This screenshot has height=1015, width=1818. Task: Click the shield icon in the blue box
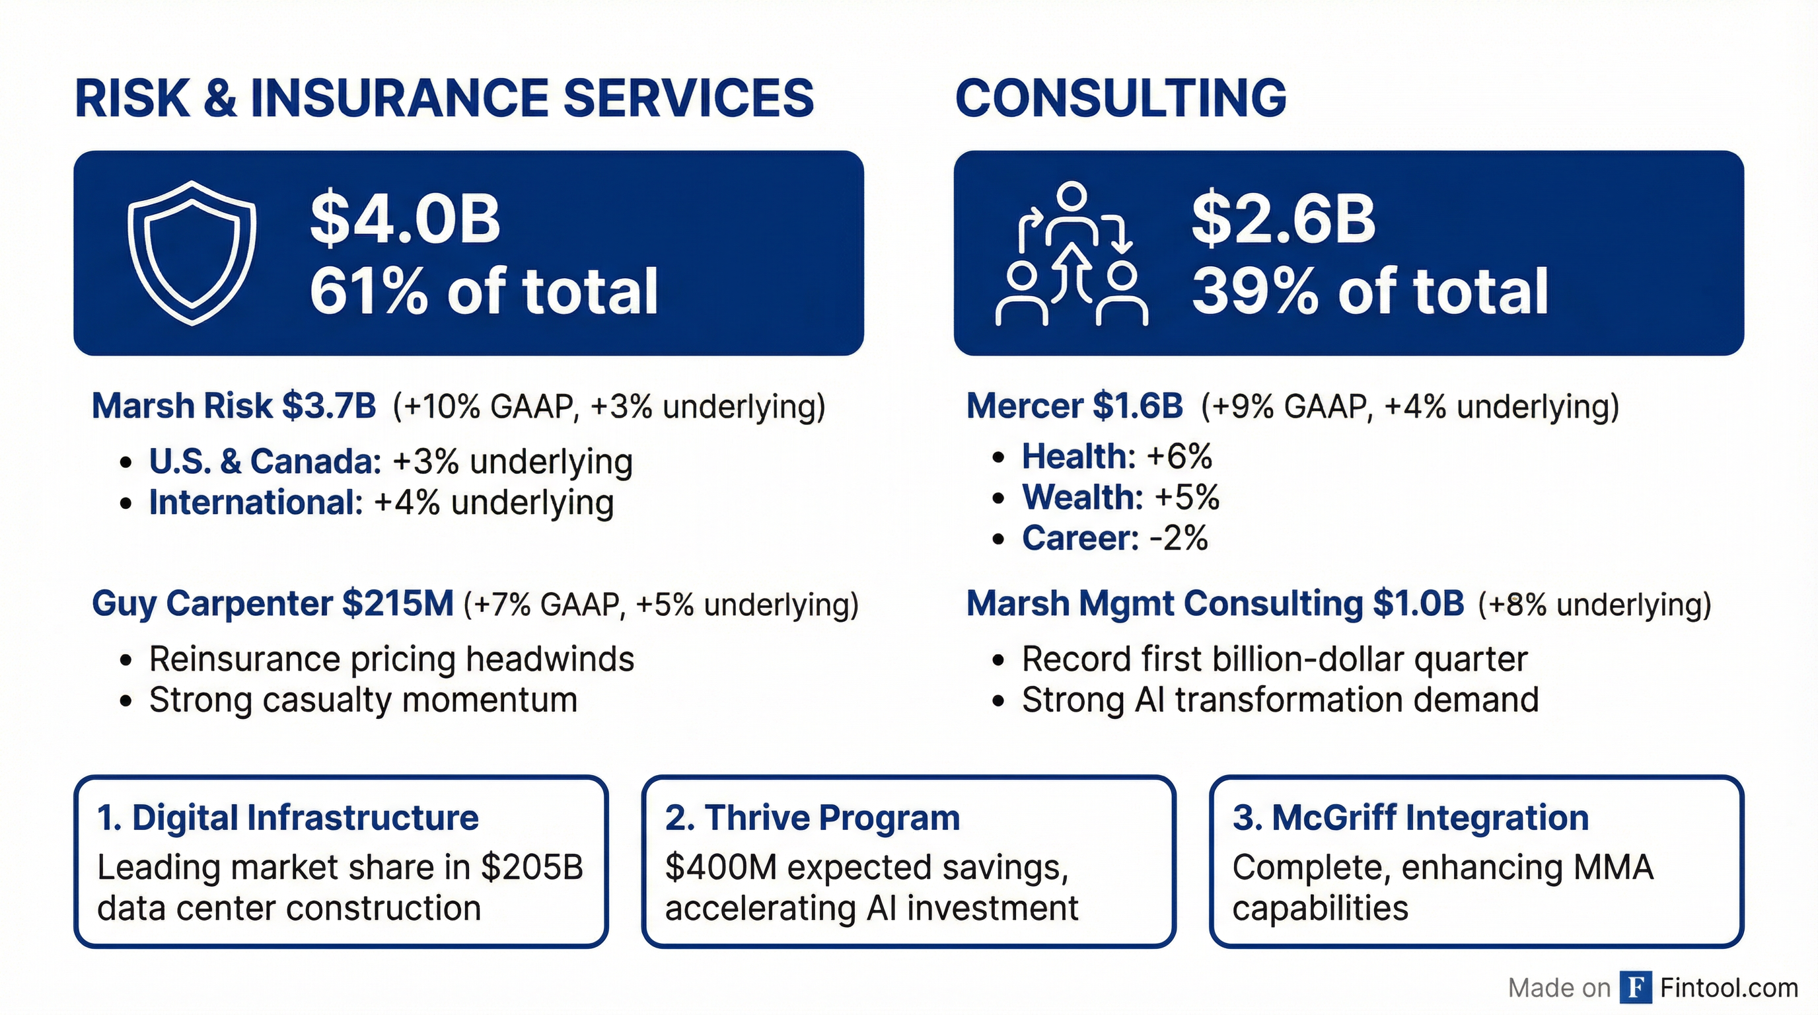[x=192, y=252]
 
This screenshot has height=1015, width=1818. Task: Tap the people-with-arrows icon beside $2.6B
[x=1072, y=254]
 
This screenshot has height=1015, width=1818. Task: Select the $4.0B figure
[x=405, y=219]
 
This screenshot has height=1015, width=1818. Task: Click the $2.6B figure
[x=1283, y=219]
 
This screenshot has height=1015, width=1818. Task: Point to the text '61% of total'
[x=484, y=291]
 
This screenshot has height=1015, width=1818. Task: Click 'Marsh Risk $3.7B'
[x=234, y=406]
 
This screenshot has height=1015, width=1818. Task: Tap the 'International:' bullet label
[x=256, y=503]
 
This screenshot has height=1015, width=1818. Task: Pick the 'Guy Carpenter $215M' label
[x=272, y=603]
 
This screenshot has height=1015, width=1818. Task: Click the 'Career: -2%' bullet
[x=1114, y=538]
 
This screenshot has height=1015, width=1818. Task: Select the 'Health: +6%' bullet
[x=1116, y=456]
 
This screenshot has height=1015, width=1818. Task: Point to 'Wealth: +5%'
[x=1120, y=497]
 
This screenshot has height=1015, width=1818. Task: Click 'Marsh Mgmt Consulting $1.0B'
[x=1215, y=603]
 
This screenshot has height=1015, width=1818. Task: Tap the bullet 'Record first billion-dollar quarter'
[x=1274, y=659]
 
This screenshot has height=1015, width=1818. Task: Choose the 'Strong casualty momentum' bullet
[x=363, y=700]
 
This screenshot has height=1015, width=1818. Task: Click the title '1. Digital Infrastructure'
[x=288, y=818]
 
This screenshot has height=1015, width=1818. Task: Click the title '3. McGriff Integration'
[x=1410, y=818]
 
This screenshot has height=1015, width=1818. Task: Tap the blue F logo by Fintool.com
[x=1636, y=987]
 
